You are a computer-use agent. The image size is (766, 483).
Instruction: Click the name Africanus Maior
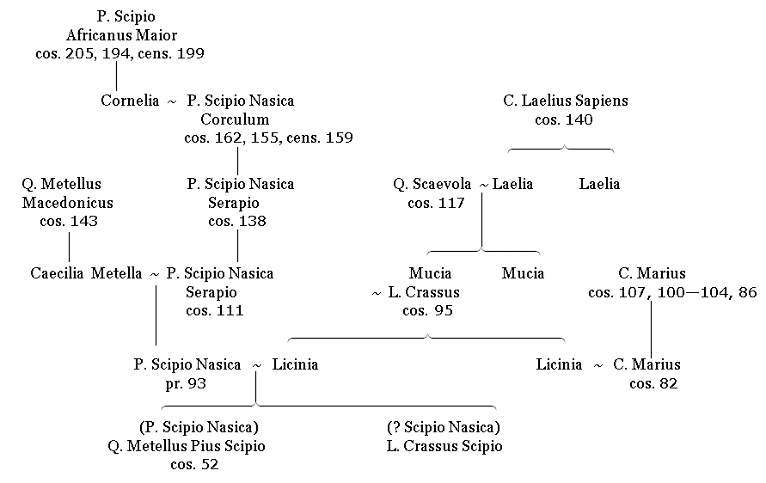coord(121,35)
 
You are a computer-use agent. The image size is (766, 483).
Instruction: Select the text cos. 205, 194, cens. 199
coord(119,54)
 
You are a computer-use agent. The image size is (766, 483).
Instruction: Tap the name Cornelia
coord(130,101)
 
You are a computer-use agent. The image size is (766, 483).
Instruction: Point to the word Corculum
coord(235,119)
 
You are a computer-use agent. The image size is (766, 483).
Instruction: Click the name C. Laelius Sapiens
coord(565,101)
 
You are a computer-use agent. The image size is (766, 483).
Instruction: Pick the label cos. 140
coord(564,119)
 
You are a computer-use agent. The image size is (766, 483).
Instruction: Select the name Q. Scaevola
coord(432,184)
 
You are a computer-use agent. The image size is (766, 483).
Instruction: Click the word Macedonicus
coord(67,203)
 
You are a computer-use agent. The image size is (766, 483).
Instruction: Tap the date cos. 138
coord(237,221)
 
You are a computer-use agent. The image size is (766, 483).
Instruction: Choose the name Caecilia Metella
coord(86,273)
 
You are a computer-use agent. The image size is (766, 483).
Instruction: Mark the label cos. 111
coord(214,310)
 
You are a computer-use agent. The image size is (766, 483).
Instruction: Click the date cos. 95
coord(427,310)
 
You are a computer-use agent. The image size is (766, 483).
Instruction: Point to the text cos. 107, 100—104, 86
coord(672,292)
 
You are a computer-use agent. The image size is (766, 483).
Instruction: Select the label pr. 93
coord(186,384)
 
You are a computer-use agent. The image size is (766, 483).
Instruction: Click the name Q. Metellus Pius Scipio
coord(187,446)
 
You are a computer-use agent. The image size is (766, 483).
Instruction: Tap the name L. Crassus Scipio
coord(444,446)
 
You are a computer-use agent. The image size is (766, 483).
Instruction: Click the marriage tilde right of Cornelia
coord(171,102)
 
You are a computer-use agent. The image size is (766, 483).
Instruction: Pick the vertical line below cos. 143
coord(69,248)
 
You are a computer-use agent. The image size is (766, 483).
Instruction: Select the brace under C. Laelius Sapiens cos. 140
coord(561,149)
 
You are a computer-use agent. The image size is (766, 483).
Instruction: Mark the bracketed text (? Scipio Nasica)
coord(444,427)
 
